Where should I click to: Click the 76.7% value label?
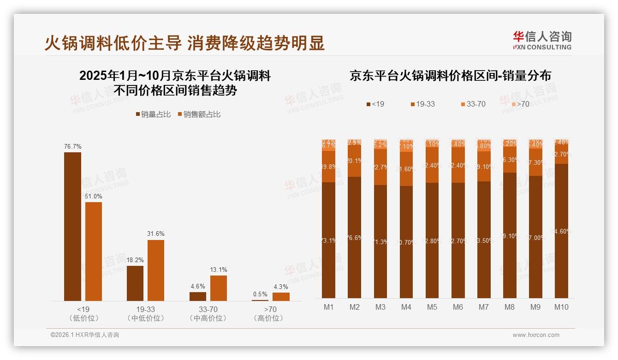pos(73,146)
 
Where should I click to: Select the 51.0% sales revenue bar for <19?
pos(94,252)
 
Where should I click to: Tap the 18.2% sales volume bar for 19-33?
pos(135,283)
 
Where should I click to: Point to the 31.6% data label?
pos(156,234)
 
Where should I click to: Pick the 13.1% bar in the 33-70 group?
pos(219,288)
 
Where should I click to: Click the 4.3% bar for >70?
pos(281,296)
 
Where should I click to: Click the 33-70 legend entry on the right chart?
pos(472,104)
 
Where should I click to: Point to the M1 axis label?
pos(328,307)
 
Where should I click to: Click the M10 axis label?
pos(561,307)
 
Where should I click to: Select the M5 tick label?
pos(432,307)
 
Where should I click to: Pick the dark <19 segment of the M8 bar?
pos(510,235)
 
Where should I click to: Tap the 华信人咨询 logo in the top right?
pos(542,40)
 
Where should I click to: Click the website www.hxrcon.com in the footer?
pos(535,335)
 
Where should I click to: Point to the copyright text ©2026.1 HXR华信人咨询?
pos(84,335)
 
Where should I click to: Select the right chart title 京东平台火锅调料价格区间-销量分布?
pos(450,76)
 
